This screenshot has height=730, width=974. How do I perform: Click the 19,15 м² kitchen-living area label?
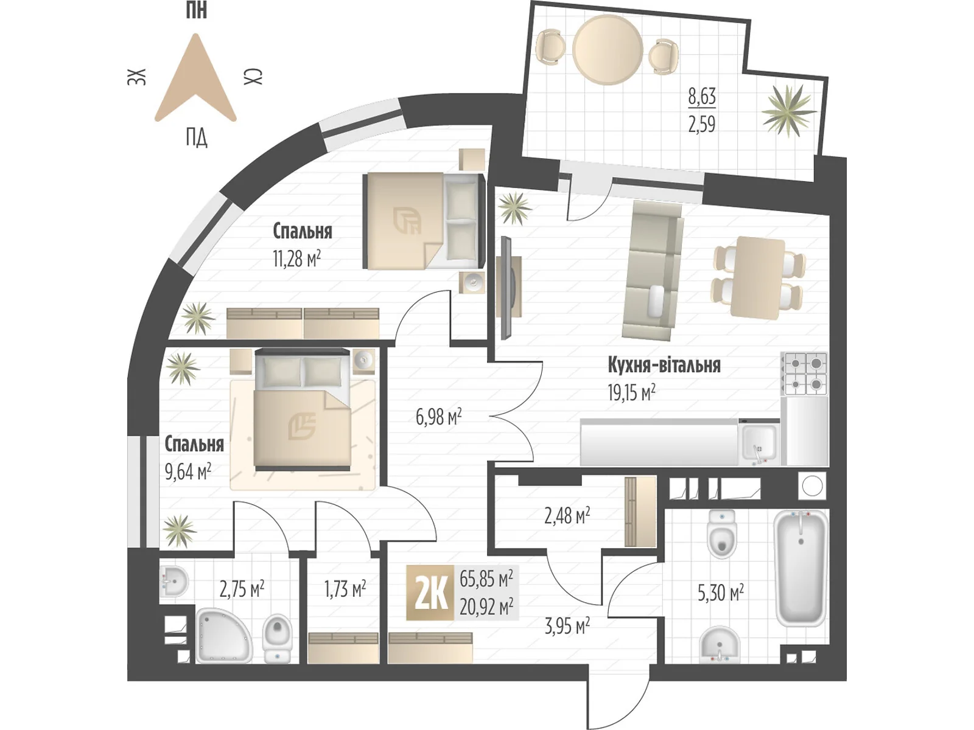(x=631, y=393)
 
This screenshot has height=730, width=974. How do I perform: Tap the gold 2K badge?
(x=430, y=593)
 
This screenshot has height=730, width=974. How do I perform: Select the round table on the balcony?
(x=608, y=50)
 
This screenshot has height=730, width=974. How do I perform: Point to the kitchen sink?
(x=759, y=443)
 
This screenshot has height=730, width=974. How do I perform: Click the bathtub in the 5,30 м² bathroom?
(x=801, y=568)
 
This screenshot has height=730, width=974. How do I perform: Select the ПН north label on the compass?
(x=196, y=10)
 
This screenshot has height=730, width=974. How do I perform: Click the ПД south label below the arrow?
(x=196, y=137)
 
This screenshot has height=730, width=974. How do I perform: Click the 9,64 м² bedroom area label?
(x=187, y=471)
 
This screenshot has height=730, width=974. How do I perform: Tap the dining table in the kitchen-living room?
(x=758, y=277)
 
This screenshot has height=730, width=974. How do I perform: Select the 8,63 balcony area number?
(x=701, y=97)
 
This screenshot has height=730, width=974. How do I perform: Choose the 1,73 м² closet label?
(x=345, y=589)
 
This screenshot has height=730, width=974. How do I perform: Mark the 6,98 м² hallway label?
(x=438, y=417)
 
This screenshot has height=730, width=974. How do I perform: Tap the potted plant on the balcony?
(x=788, y=111)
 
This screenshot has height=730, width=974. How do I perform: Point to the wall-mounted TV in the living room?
(x=506, y=287)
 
